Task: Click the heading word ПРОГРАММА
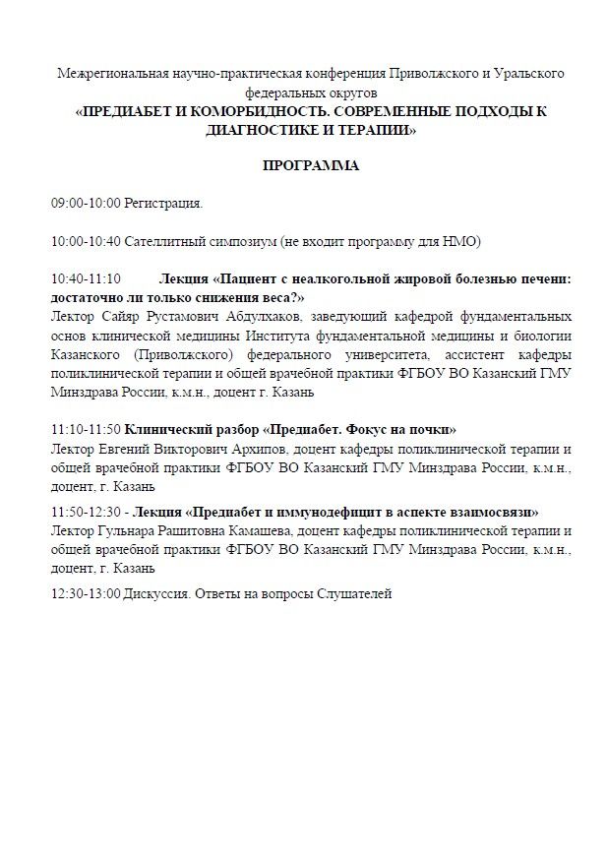pos(310,165)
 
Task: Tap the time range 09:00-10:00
pos(85,203)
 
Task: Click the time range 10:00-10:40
pos(85,240)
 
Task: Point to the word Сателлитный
pos(162,240)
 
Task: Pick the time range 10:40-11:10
pos(85,278)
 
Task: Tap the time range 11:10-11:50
pos(85,430)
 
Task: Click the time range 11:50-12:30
pos(85,512)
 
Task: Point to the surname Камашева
pos(257,530)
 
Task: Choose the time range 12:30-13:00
pos(85,593)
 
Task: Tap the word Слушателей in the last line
pos(358,593)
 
